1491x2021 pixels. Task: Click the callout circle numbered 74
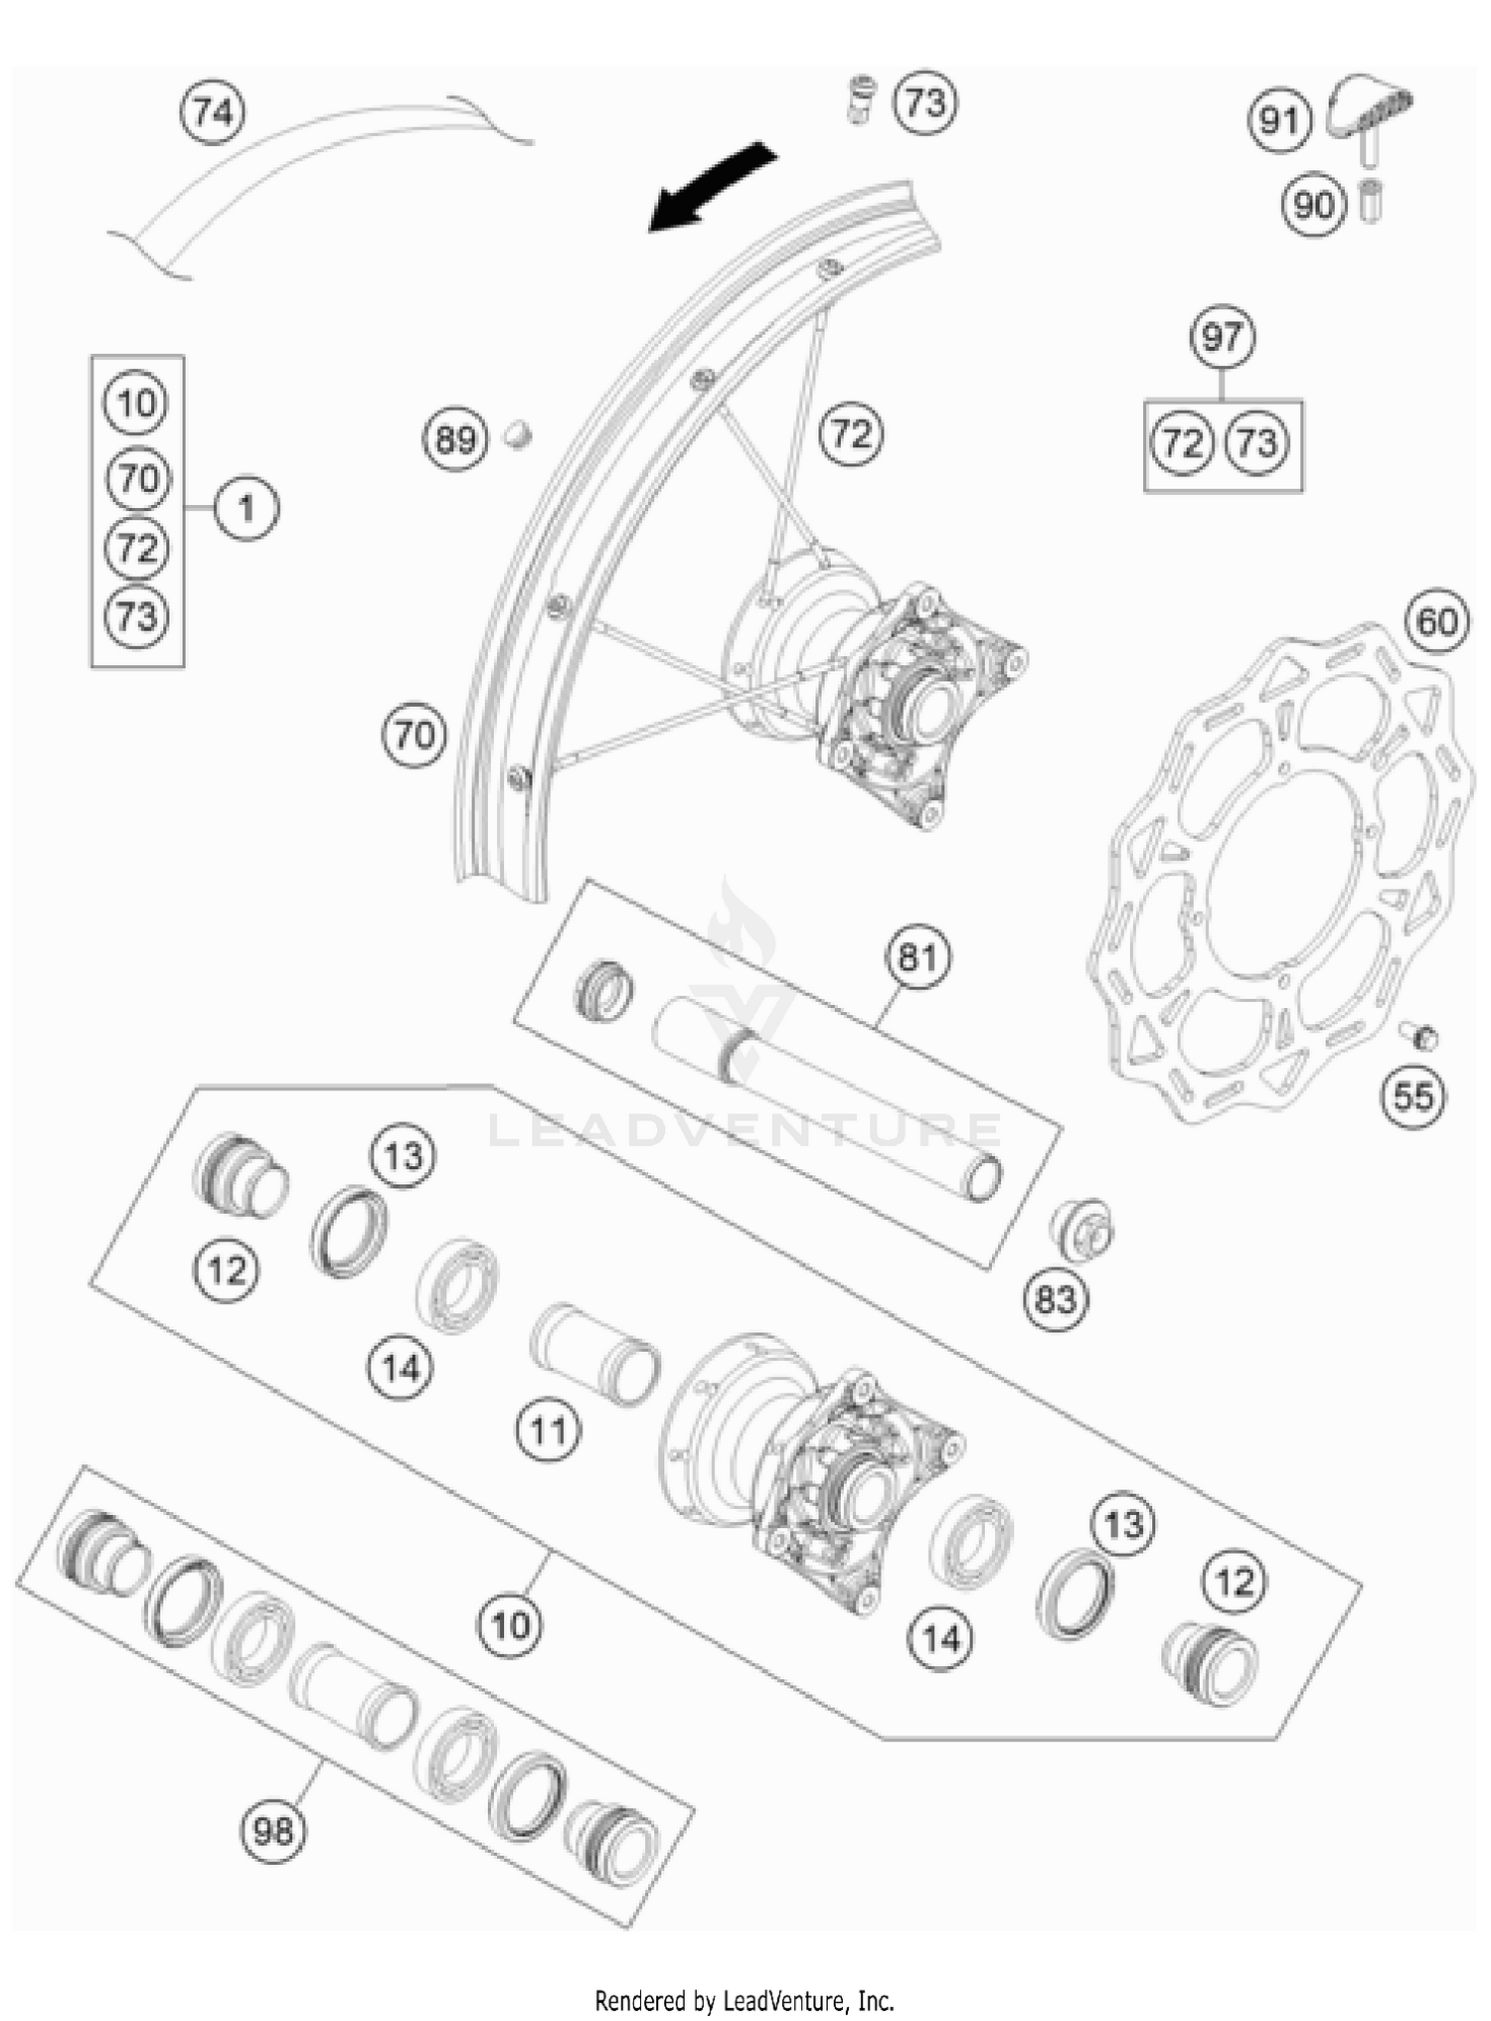pyautogui.click(x=213, y=112)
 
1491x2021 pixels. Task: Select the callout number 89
pyautogui.click(x=455, y=438)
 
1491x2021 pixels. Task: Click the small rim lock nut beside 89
pyautogui.click(x=516, y=433)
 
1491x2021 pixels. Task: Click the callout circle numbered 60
pyautogui.click(x=1436, y=622)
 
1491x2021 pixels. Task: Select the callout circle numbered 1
pyautogui.click(x=247, y=509)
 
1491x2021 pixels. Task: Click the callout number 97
pyautogui.click(x=1222, y=338)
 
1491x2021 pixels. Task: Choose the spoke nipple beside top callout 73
pyautogui.click(x=861, y=99)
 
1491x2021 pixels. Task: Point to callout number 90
pyautogui.click(x=1313, y=206)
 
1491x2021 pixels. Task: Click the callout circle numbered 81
pyautogui.click(x=917, y=957)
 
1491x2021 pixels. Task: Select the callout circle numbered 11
pyautogui.click(x=548, y=1432)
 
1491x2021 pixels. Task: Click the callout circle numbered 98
pyautogui.click(x=273, y=1830)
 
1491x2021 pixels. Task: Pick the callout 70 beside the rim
pyautogui.click(x=414, y=736)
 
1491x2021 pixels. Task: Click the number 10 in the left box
pyautogui.click(x=136, y=404)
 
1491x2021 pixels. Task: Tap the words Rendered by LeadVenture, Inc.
pyautogui.click(x=745, y=1999)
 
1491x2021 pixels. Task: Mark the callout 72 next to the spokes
pyautogui.click(x=851, y=434)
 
